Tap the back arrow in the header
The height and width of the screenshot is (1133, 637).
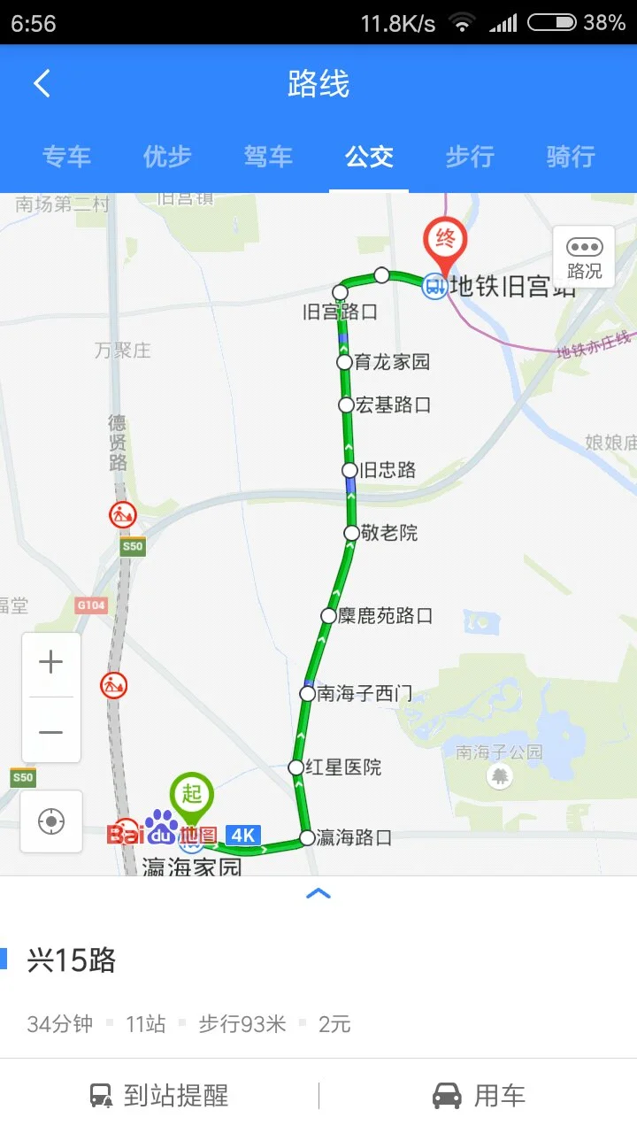coord(42,84)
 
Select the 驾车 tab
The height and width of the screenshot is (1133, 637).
coord(268,157)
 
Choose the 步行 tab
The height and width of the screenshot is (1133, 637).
coord(469,157)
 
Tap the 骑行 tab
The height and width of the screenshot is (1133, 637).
coord(571,157)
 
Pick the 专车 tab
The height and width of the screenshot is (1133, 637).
coord(66,157)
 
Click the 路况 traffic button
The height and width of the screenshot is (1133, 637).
coord(584,257)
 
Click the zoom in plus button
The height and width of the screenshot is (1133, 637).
coord(51,662)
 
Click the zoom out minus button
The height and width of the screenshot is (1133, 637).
coord(51,732)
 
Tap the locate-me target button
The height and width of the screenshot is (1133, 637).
coord(51,821)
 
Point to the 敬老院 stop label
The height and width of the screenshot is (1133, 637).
coord(388,533)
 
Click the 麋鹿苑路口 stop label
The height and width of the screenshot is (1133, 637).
coord(386,615)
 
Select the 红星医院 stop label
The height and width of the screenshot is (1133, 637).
coord(343,767)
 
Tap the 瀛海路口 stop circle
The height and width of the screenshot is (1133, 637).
coord(307,837)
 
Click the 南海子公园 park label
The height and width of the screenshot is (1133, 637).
coord(499,752)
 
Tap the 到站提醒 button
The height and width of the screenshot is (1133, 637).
coord(159,1096)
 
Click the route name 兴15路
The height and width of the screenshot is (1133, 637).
coord(72,960)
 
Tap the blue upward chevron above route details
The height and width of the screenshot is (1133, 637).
coord(318,894)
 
